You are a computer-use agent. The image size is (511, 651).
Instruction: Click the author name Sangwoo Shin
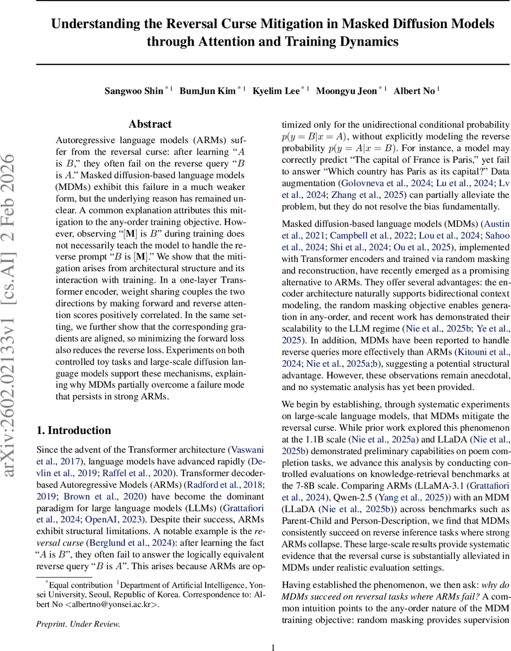click(x=133, y=91)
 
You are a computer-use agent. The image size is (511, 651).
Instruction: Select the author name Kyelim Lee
click(x=276, y=91)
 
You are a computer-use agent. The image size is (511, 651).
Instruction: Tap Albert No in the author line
click(x=414, y=91)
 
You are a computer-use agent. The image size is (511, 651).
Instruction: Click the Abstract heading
click(x=150, y=124)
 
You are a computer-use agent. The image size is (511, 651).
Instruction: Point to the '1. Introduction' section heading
click(x=73, y=430)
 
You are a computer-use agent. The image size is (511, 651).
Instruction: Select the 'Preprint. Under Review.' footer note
click(x=78, y=609)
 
